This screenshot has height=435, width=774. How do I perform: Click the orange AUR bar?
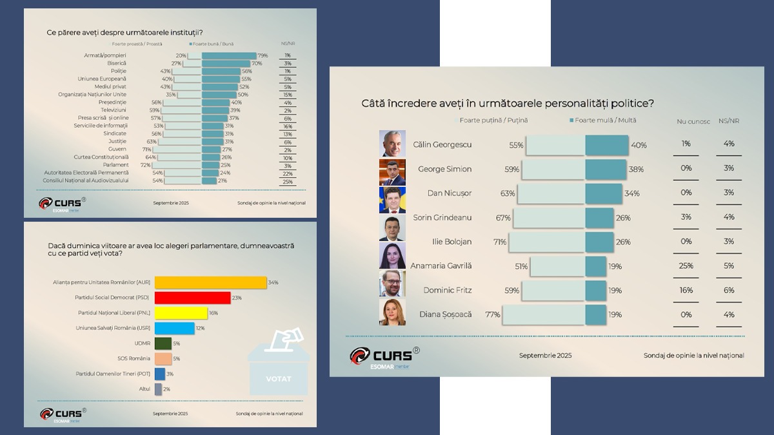click(x=210, y=282)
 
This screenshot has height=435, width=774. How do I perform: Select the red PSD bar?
click(x=192, y=298)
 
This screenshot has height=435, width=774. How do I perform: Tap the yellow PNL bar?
click(x=181, y=313)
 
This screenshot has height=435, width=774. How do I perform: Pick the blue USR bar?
click(x=174, y=329)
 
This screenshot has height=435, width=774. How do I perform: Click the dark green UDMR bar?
click(x=163, y=343)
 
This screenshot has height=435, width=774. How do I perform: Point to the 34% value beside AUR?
click(x=273, y=282)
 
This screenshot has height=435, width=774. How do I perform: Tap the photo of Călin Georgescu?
click(x=392, y=144)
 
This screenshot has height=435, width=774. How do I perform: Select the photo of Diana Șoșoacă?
click(x=392, y=314)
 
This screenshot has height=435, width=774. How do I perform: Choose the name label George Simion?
click(x=444, y=169)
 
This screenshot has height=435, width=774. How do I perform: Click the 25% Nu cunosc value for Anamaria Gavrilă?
click(x=686, y=266)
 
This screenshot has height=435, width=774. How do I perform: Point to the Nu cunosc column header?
click(x=693, y=121)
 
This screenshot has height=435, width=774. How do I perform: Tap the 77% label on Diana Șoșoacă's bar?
click(x=493, y=314)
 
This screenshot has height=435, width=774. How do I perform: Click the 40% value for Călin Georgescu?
click(x=639, y=146)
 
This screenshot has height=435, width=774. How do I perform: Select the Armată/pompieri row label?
click(x=105, y=55)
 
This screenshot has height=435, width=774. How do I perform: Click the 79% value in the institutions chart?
click(x=262, y=55)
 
